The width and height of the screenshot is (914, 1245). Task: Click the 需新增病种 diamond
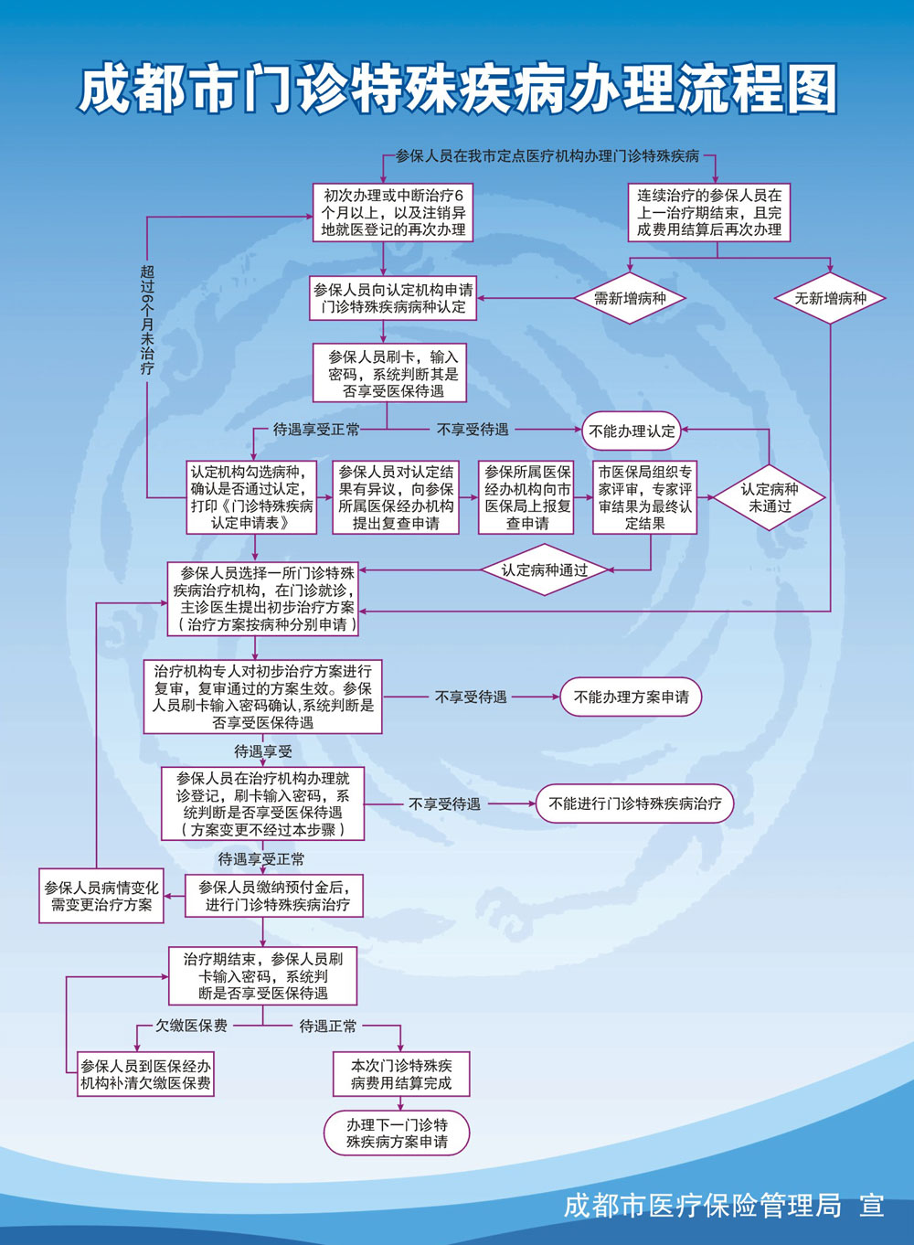[x=630, y=298]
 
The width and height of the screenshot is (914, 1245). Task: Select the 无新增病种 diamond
[x=830, y=298]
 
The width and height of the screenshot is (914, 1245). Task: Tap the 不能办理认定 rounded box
[x=632, y=431]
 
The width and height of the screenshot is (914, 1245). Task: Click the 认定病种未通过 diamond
[x=769, y=497]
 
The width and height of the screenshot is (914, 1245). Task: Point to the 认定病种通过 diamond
[x=545, y=569]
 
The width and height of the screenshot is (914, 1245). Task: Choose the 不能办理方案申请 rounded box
[x=631, y=697]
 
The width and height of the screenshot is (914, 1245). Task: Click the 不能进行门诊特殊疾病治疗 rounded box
[x=634, y=803]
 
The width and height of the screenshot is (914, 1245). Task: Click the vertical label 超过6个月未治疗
[x=147, y=321]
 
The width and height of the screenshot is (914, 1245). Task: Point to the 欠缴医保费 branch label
[x=191, y=1026]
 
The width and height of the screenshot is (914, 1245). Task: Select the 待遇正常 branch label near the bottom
[x=328, y=1026]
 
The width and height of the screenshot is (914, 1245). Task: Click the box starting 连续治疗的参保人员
[x=709, y=212]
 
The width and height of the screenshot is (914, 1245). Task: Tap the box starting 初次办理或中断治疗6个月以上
[x=393, y=212]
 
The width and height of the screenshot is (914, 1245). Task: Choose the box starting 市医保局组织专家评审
[x=644, y=497]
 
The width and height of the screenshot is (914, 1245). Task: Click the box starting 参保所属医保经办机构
[x=526, y=497]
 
